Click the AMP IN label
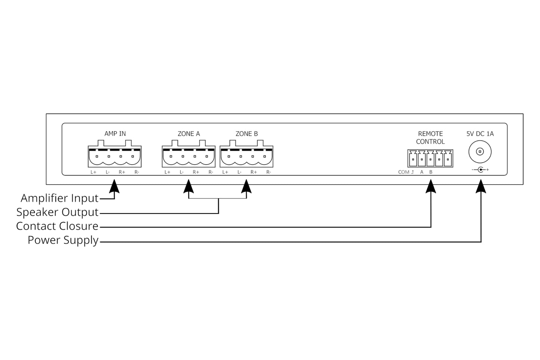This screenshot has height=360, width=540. pos(115,133)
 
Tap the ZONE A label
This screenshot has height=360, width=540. pos(189,133)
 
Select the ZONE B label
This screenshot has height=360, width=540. pos(247,133)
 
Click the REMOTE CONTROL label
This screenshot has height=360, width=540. pos(431,138)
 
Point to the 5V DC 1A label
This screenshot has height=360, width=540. pos(480,133)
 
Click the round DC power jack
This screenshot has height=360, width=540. pos(480,152)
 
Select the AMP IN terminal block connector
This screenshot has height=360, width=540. pos(115,156)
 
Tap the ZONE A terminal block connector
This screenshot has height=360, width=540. pos(189,156)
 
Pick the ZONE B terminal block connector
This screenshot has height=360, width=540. pos(247,156)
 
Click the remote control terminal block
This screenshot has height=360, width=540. pos(431,159)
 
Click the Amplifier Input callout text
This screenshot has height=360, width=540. pos(59,198)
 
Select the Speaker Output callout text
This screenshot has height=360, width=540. pos(57,212)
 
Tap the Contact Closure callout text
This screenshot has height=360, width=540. pos(57,226)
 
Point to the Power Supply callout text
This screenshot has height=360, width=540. pos(63,240)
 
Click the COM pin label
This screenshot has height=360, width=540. pos(404,172)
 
